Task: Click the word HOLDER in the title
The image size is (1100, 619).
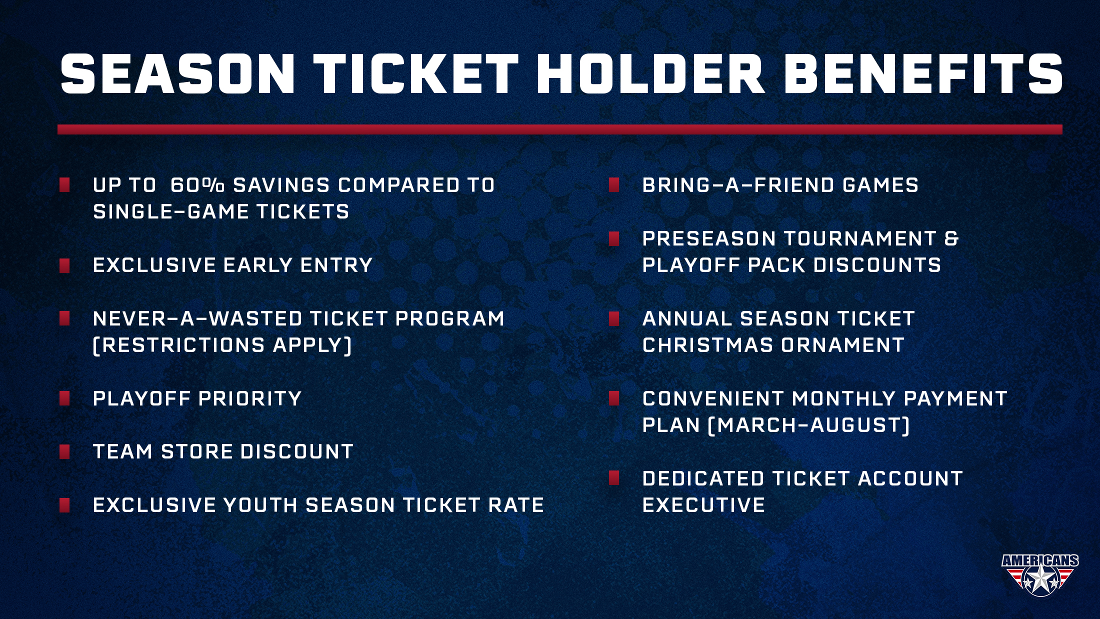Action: pyautogui.click(x=651, y=73)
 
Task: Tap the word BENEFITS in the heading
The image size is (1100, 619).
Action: pyautogui.click(x=923, y=73)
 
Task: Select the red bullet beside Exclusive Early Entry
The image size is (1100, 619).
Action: pyautogui.click(x=64, y=265)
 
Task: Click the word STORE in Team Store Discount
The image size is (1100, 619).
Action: pyautogui.click(x=196, y=451)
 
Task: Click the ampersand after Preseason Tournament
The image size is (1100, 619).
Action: pyautogui.click(x=951, y=238)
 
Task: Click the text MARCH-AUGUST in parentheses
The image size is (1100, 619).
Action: pyautogui.click(x=809, y=425)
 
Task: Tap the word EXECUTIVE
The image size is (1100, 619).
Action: pyautogui.click(x=703, y=505)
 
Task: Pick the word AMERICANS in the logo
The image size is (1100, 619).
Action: pyautogui.click(x=1040, y=560)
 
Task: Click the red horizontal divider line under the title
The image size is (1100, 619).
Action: pyautogui.click(x=560, y=129)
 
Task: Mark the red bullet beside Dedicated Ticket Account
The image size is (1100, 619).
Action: pyautogui.click(x=614, y=478)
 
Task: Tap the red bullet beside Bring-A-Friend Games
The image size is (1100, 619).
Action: pyautogui.click(x=614, y=185)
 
